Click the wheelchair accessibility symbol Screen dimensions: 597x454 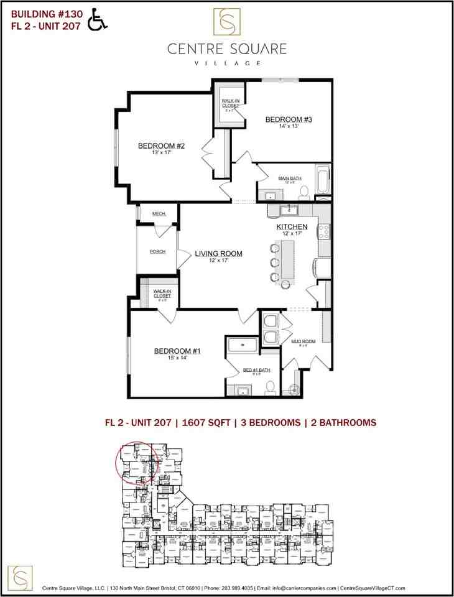coord(97,19)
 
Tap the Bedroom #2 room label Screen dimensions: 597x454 coord(162,147)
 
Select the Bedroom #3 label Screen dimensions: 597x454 coord(288,119)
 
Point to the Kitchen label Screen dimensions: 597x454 coord(292,227)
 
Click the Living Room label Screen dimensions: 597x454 coord(218,254)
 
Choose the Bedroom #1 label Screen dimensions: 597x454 coord(177,351)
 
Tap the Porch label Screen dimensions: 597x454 coord(157,252)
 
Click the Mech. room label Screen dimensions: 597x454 coord(159,214)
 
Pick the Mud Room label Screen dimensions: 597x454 coord(300,341)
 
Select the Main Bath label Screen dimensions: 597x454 coord(289,178)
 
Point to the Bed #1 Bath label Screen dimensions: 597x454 coord(256,371)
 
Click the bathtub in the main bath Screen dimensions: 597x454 coord(323,180)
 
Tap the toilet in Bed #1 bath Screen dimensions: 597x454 coord(270,388)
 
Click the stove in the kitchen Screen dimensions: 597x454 coord(324,231)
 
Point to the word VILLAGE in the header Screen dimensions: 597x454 coord(226,63)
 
